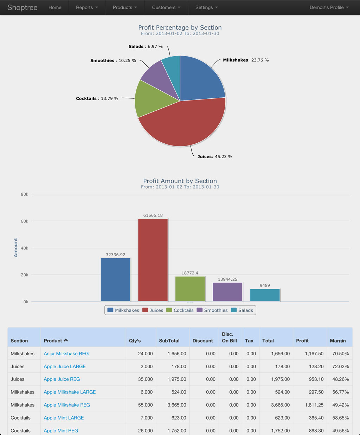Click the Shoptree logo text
point(22,7)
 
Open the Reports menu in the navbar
point(87,7)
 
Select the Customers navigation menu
point(166,7)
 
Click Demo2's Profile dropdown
point(329,7)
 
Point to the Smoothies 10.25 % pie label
point(113,61)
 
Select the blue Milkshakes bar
point(115,280)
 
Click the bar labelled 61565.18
point(153,260)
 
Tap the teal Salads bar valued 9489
point(265,295)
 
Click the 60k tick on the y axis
point(25,221)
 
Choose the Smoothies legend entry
point(212,310)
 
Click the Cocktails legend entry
point(180,310)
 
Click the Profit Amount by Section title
point(180,181)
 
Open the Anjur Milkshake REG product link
point(66,353)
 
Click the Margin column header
point(337,340)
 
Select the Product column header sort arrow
point(66,340)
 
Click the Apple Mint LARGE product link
point(64,418)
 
